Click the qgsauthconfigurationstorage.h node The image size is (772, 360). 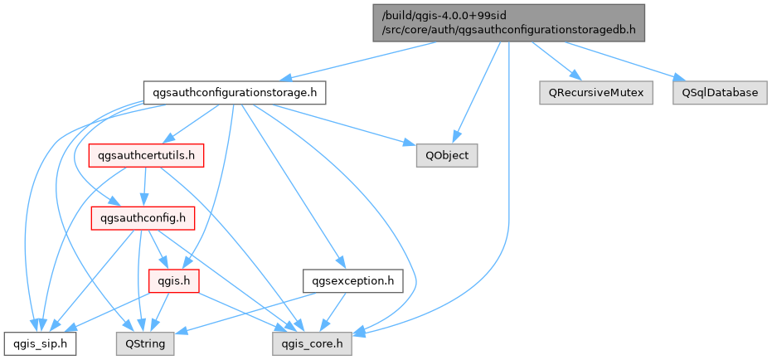[233, 92]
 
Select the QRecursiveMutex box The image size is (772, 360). [595, 92]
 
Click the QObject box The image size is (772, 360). [447, 155]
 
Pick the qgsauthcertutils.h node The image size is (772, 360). [146, 155]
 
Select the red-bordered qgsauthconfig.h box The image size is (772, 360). [142, 218]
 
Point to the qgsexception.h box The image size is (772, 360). [352, 281]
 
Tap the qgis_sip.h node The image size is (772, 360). [40, 342]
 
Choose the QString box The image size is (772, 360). [144, 342]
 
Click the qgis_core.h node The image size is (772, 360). [312, 342]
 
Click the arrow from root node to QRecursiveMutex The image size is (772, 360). [551, 61]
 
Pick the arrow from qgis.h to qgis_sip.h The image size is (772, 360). [108, 311]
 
